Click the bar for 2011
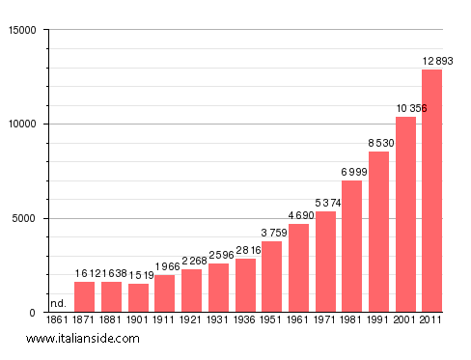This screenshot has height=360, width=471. [431, 191]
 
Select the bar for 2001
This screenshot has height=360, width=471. [405, 214]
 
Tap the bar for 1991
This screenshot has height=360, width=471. [378, 232]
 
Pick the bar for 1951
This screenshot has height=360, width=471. [271, 277]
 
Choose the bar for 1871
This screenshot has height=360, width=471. [85, 297]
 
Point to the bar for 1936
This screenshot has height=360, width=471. [245, 286]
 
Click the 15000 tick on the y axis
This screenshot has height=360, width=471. [20, 30]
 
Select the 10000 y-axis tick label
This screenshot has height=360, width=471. [20, 125]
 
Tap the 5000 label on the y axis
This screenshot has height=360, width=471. [23, 218]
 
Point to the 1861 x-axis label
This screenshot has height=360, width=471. [58, 319]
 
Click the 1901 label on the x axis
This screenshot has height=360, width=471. [138, 319]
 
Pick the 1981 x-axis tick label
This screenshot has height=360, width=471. [351, 319]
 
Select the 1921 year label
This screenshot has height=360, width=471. [191, 319]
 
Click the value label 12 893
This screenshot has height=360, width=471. [432, 62]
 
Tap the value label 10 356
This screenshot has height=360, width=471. [405, 108]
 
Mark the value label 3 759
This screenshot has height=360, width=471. [271, 233]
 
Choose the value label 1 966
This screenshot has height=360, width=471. [165, 266]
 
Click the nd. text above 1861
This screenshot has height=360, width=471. [58, 303]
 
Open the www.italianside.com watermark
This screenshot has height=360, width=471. [83, 339]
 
